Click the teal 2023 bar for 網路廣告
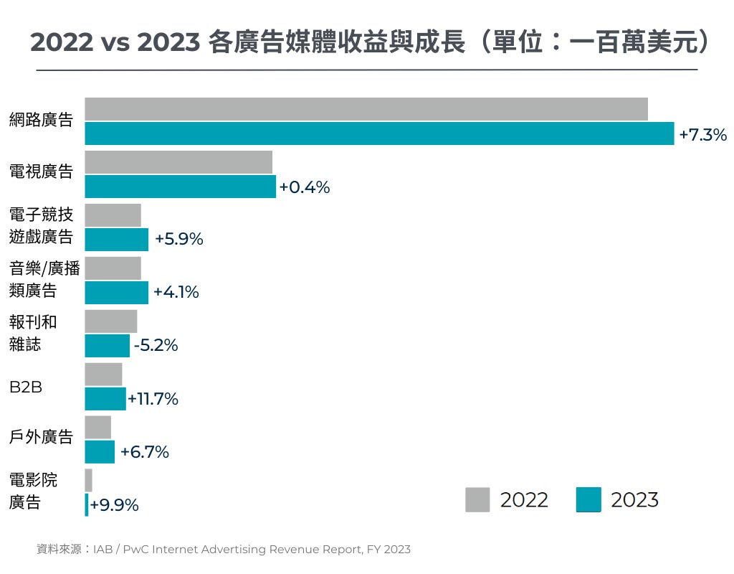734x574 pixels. pyautogui.click(x=379, y=133)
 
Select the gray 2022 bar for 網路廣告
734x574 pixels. pyautogui.click(x=366, y=109)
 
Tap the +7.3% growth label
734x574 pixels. pyautogui.click(x=702, y=134)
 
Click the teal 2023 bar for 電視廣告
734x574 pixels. pyautogui.click(x=180, y=187)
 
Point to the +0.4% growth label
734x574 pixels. pyautogui.click(x=305, y=187)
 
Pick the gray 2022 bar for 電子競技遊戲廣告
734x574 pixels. pyautogui.click(x=113, y=215)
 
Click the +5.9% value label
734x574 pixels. pyautogui.click(x=179, y=240)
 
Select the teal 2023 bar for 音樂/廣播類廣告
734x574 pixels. pyautogui.click(x=116, y=293)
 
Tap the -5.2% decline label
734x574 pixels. pyautogui.click(x=156, y=346)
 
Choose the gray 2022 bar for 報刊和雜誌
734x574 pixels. pyautogui.click(x=110, y=321)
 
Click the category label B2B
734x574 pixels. pyautogui.click(x=26, y=387)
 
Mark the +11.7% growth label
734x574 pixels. pyautogui.click(x=153, y=399)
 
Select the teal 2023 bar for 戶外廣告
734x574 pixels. pyautogui.click(x=100, y=452)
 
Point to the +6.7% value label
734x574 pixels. pyautogui.click(x=144, y=452)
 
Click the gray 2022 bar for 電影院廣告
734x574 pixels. pyautogui.click(x=88, y=480)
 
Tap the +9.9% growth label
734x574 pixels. pyautogui.click(x=114, y=505)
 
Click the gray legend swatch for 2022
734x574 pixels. pyautogui.click(x=477, y=499)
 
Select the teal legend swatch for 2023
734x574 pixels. pyautogui.click(x=588, y=499)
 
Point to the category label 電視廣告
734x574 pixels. pyautogui.click(x=41, y=171)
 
